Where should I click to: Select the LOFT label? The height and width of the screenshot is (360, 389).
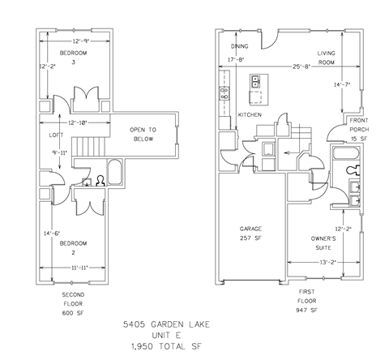pos(56,135)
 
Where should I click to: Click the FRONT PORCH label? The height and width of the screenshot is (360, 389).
pos(358,125)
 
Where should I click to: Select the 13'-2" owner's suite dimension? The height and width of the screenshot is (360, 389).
pos(323,262)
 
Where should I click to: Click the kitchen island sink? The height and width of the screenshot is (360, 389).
pos(256,81)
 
